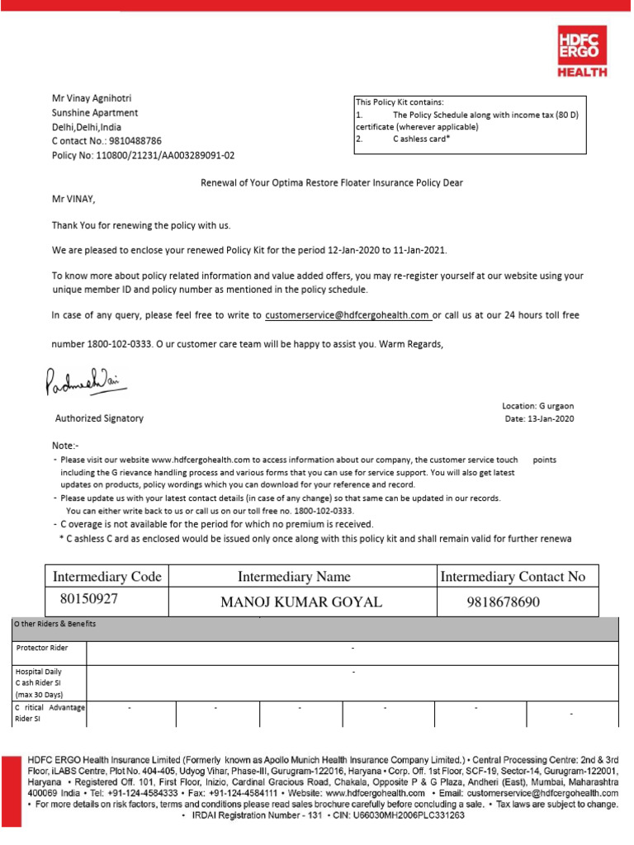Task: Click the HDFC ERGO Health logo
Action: pyautogui.click(x=581, y=51)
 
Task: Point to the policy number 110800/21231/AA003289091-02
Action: pyautogui.click(x=143, y=155)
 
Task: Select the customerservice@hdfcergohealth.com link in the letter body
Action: pyautogui.click(x=348, y=314)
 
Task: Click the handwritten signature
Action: pyautogui.click(x=85, y=381)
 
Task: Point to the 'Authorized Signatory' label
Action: pyautogui.click(x=99, y=418)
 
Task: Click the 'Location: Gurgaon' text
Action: pyautogui.click(x=537, y=407)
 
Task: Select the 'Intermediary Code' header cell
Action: pyautogui.click(x=106, y=577)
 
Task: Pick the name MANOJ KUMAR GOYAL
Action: pyautogui.click(x=301, y=602)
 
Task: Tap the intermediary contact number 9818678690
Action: pyautogui.click(x=504, y=602)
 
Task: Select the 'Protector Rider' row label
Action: pyautogui.click(x=42, y=648)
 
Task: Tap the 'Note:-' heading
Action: pyautogui.click(x=65, y=445)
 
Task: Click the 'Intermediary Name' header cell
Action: pyautogui.click(x=294, y=577)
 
